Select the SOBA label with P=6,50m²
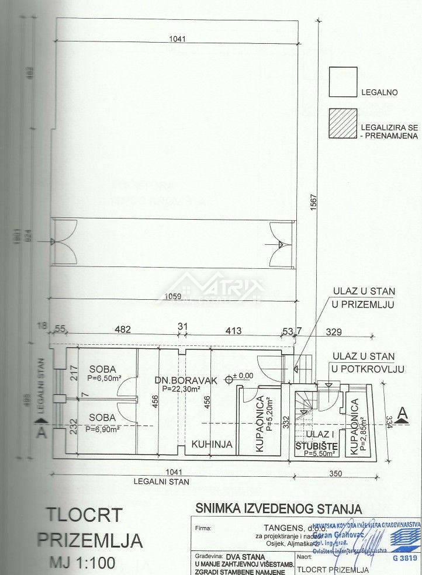[102, 369]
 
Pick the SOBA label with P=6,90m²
[102, 417]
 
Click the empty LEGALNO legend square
[343, 82]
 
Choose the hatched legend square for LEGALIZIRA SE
[343, 124]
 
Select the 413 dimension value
[233, 331]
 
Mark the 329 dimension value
[350, 331]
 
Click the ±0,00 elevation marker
[242, 375]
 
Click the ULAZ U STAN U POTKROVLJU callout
[363, 362]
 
